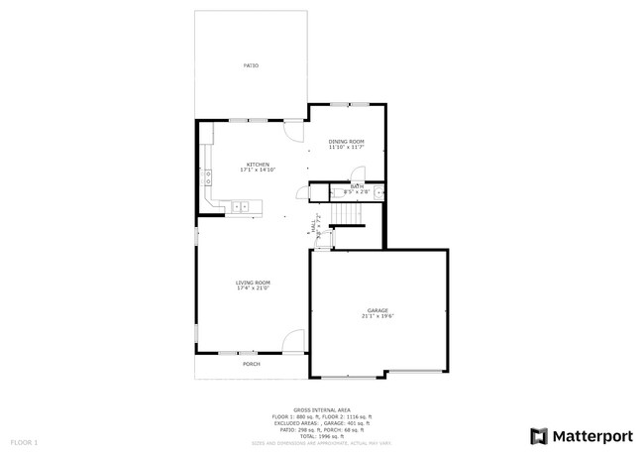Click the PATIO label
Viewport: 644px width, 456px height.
(251, 65)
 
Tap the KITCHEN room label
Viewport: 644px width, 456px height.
(258, 165)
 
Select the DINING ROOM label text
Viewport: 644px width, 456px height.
(346, 142)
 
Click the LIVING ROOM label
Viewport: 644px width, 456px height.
(253, 283)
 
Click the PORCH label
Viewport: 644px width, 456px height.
(253, 364)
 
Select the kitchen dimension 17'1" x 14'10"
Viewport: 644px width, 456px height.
(258, 171)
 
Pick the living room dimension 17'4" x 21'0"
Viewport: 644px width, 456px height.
(253, 288)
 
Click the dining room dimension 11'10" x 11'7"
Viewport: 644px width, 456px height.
(346, 148)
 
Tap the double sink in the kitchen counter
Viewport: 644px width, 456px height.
(241, 207)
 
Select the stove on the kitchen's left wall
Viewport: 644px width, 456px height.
(208, 178)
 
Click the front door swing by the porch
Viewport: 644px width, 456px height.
(293, 342)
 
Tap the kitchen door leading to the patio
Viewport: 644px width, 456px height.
(293, 129)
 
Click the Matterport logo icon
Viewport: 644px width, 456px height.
(539, 435)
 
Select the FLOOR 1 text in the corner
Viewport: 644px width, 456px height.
(24, 440)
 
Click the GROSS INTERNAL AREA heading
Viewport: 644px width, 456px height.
(322, 409)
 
